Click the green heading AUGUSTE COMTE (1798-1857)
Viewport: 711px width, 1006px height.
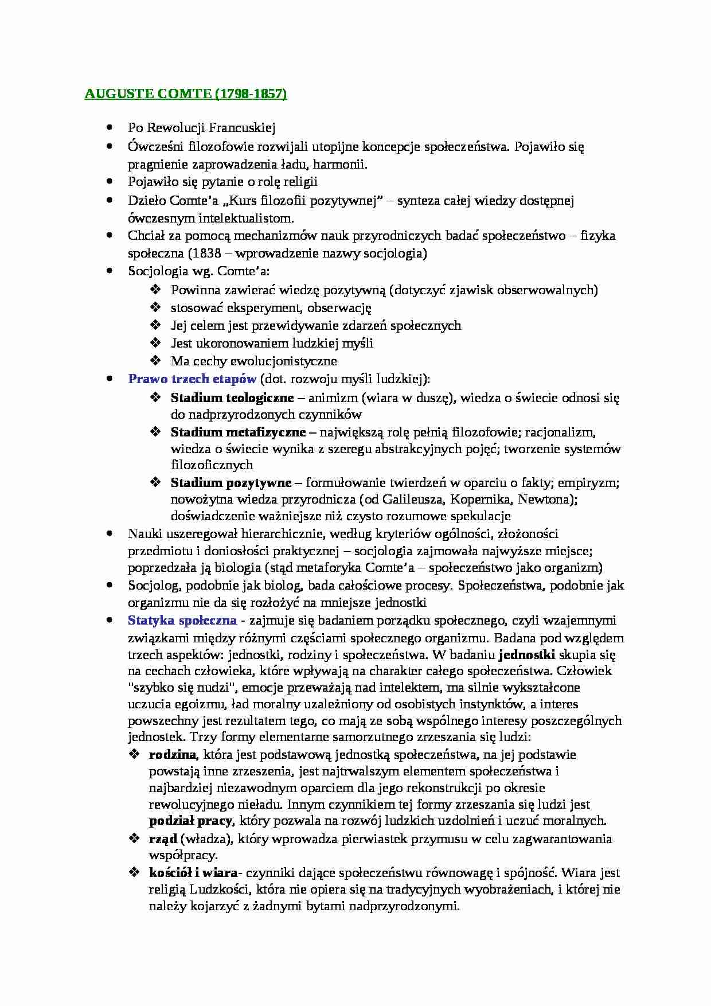(185, 94)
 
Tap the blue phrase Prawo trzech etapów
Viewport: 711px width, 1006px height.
(192, 379)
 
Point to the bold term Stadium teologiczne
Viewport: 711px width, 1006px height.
(232, 397)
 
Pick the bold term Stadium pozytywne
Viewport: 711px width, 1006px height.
(231, 482)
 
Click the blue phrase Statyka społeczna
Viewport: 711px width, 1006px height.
(182, 620)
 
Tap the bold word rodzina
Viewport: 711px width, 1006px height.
(172, 754)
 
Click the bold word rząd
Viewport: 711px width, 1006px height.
(163, 839)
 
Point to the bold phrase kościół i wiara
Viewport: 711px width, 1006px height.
(193, 872)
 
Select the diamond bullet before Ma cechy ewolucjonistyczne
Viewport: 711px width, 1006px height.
(155, 361)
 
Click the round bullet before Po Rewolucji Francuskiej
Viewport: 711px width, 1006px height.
(110, 128)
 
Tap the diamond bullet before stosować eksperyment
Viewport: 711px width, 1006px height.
(155, 307)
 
